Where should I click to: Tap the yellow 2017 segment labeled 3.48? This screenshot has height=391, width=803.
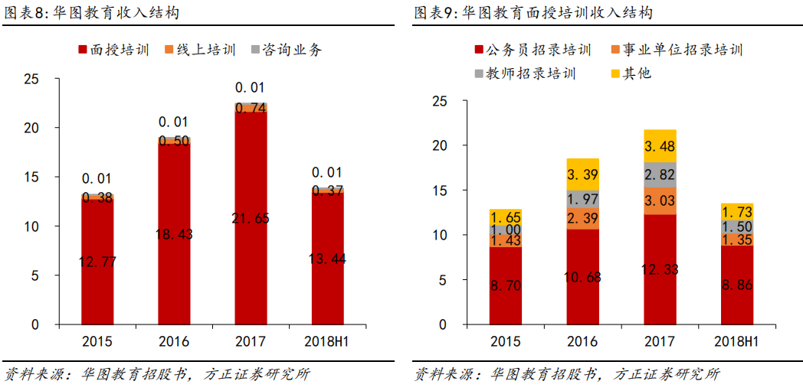tap(660, 145)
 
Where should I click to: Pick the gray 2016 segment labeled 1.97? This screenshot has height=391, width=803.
tap(583, 199)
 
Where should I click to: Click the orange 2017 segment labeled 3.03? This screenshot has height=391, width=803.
tap(660, 201)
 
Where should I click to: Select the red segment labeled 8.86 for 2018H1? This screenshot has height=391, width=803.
tap(736, 285)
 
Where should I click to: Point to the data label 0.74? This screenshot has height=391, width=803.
tap(251, 109)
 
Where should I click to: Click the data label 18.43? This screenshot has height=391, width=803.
tap(174, 233)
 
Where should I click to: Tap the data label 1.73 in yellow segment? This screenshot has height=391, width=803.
tap(736, 211)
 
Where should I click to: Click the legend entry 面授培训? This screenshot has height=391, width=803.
tap(116, 50)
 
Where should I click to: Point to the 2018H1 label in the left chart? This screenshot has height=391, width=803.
tap(327, 340)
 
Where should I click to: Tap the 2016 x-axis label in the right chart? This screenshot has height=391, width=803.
tap(583, 340)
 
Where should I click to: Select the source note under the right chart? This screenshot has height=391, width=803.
tap(567, 375)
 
